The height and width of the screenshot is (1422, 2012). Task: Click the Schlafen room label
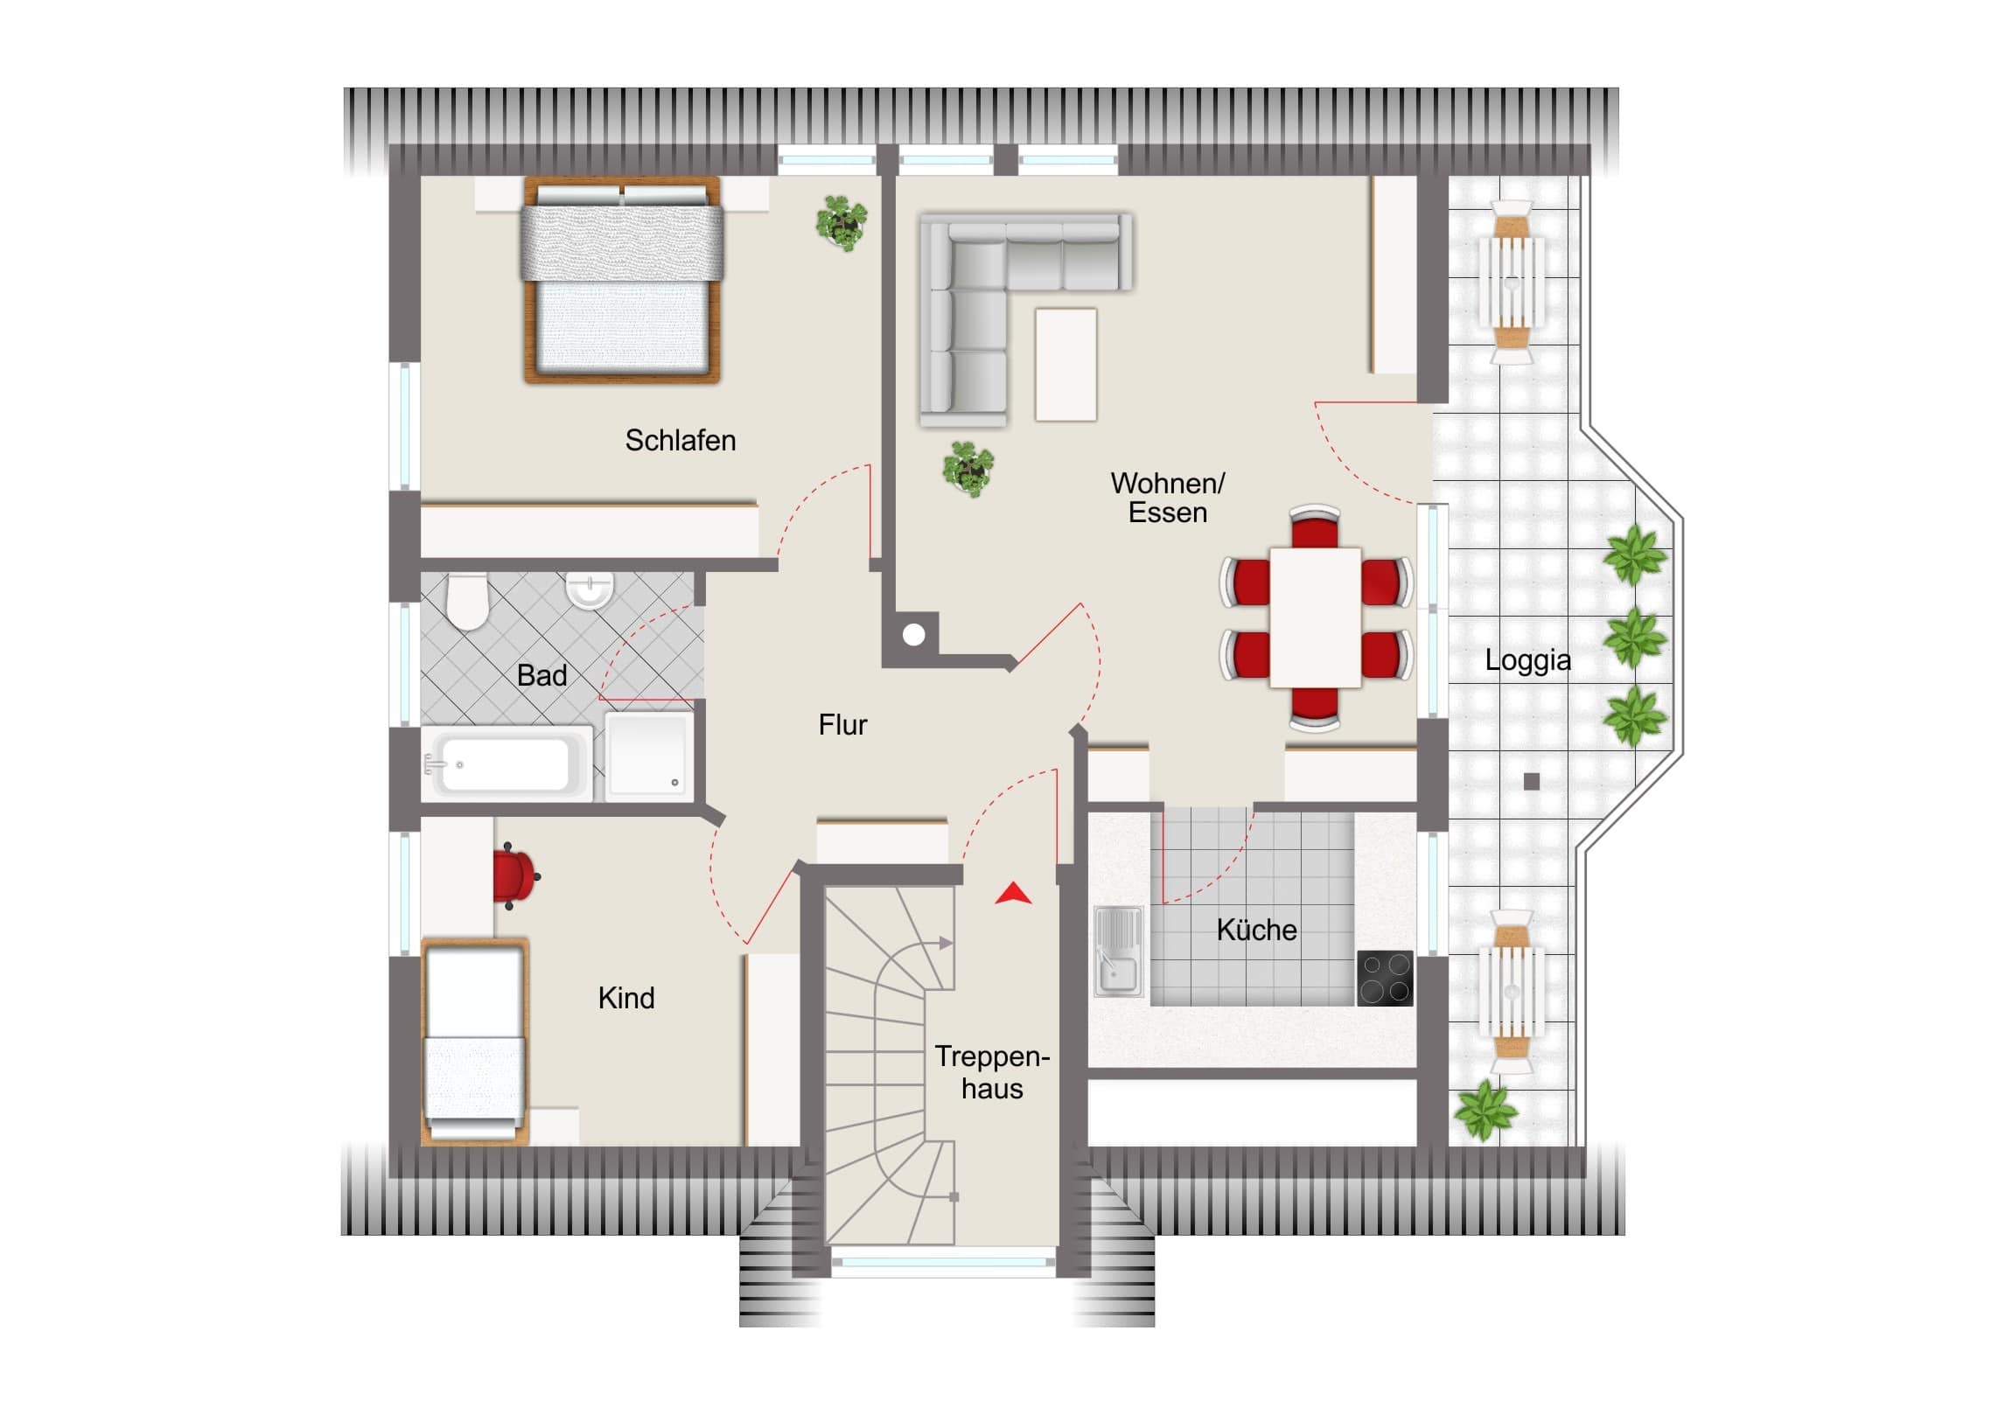coord(680,440)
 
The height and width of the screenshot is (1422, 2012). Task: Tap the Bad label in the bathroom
coord(541,674)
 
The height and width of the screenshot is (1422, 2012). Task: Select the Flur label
coord(842,725)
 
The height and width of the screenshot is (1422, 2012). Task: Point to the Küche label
coord(1256,929)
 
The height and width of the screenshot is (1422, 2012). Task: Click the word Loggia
coord(1527,660)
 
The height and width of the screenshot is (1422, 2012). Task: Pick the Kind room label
coord(625,997)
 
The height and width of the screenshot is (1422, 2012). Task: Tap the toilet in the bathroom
coord(467,601)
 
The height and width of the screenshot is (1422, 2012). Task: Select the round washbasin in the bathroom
coord(589,589)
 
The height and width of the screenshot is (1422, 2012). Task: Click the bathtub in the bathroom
coord(507,763)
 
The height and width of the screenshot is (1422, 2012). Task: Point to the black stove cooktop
coord(1385,978)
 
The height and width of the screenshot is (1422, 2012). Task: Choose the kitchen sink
coord(1119,951)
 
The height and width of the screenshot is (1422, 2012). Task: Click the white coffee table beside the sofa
coord(1065,365)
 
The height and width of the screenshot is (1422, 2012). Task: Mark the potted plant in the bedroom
coord(842,222)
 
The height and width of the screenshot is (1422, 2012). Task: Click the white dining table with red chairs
coord(1316,617)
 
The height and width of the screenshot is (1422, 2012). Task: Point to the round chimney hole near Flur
coord(914,634)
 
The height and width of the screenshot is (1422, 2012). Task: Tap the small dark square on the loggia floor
coord(1532,782)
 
